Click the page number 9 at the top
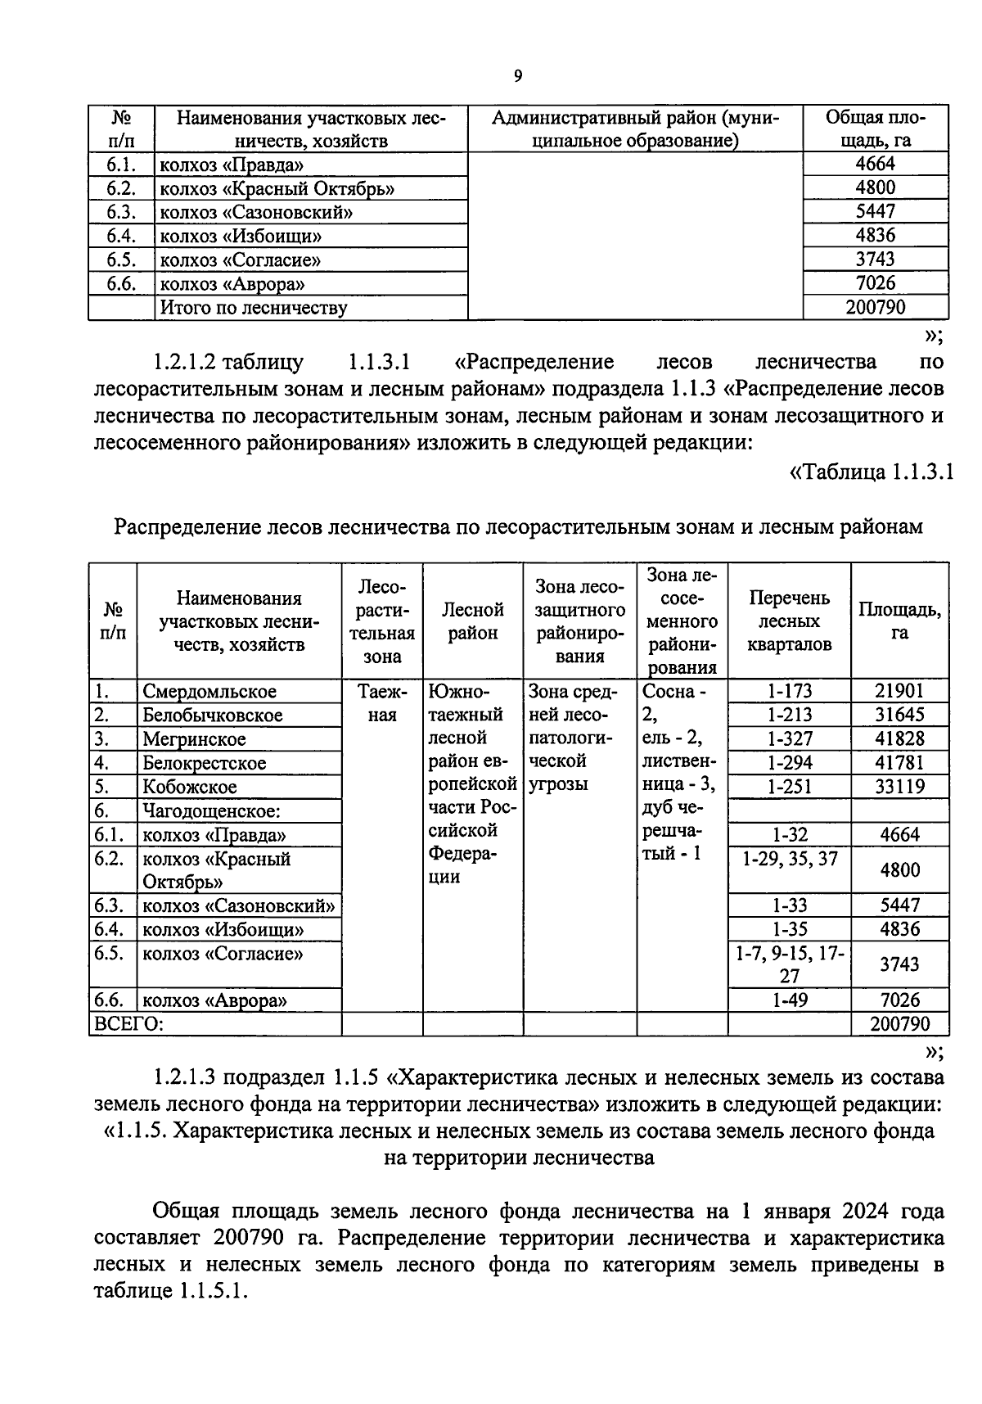point(517,77)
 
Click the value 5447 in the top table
point(875,211)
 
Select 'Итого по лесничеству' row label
point(254,308)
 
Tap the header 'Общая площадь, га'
point(875,129)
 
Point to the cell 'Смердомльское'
point(209,692)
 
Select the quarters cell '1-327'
point(789,738)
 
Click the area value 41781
point(899,762)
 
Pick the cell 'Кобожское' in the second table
point(190,787)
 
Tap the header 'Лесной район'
point(473,621)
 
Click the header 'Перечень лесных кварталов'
point(789,621)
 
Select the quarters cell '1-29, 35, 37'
point(789,859)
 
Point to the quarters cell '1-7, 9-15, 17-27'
point(789,964)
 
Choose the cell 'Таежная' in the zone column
point(381,703)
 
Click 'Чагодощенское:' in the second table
point(212,810)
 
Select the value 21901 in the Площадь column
point(899,691)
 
